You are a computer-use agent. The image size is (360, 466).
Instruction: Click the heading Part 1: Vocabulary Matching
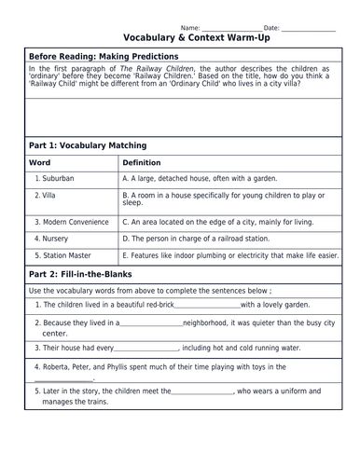click(88, 145)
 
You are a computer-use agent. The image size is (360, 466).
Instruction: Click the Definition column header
click(143, 162)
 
